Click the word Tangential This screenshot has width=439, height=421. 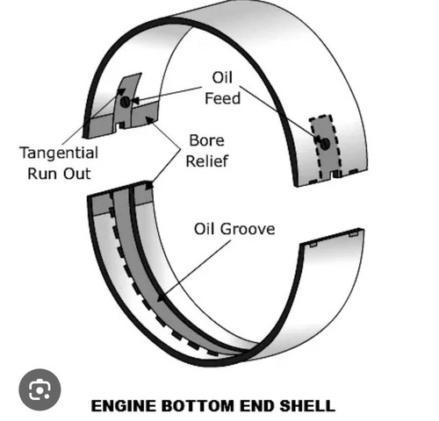(59, 153)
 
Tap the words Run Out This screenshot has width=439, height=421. (59, 174)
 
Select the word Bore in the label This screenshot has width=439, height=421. (207, 140)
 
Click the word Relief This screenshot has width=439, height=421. (207, 161)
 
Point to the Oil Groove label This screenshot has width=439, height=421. (234, 229)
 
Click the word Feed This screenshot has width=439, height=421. (223, 98)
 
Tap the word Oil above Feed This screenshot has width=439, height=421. (222, 77)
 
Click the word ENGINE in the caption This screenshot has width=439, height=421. (124, 406)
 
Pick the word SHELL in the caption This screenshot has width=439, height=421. (307, 406)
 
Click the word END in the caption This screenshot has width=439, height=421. (257, 406)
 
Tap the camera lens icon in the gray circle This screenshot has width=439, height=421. (40, 389)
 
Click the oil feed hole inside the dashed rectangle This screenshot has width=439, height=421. (325, 144)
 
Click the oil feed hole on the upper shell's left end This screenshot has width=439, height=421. (125, 102)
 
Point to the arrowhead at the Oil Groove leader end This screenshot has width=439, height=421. (162, 298)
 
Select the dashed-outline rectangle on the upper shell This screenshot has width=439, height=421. (326, 148)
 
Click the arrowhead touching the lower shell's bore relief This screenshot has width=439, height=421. (149, 185)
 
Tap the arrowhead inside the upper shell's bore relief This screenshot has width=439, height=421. (149, 119)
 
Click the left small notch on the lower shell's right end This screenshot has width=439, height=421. (313, 245)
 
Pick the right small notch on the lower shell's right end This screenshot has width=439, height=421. (353, 234)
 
